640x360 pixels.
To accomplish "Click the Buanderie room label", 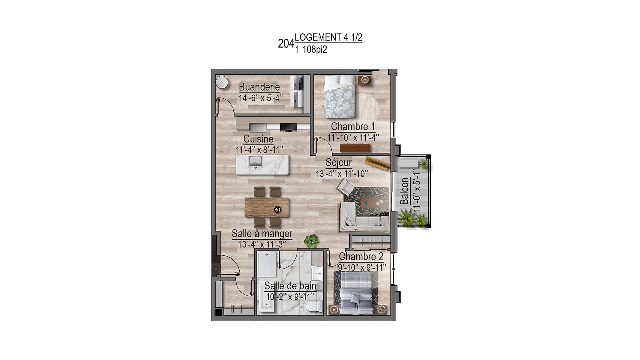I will (x=259, y=87).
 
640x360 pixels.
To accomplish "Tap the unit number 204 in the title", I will (x=286, y=44).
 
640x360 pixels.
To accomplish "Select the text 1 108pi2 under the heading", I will (x=311, y=50).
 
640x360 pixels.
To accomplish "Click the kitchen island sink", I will (x=256, y=162).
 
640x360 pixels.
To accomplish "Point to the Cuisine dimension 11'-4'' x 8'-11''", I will (x=259, y=150).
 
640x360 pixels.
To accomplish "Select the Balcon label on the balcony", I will (x=404, y=191).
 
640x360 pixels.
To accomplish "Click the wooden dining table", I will (x=267, y=207).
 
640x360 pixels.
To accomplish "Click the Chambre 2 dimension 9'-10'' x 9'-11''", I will (x=362, y=268).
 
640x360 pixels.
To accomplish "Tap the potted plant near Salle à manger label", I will (x=312, y=241).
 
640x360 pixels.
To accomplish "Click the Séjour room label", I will (x=339, y=163).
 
